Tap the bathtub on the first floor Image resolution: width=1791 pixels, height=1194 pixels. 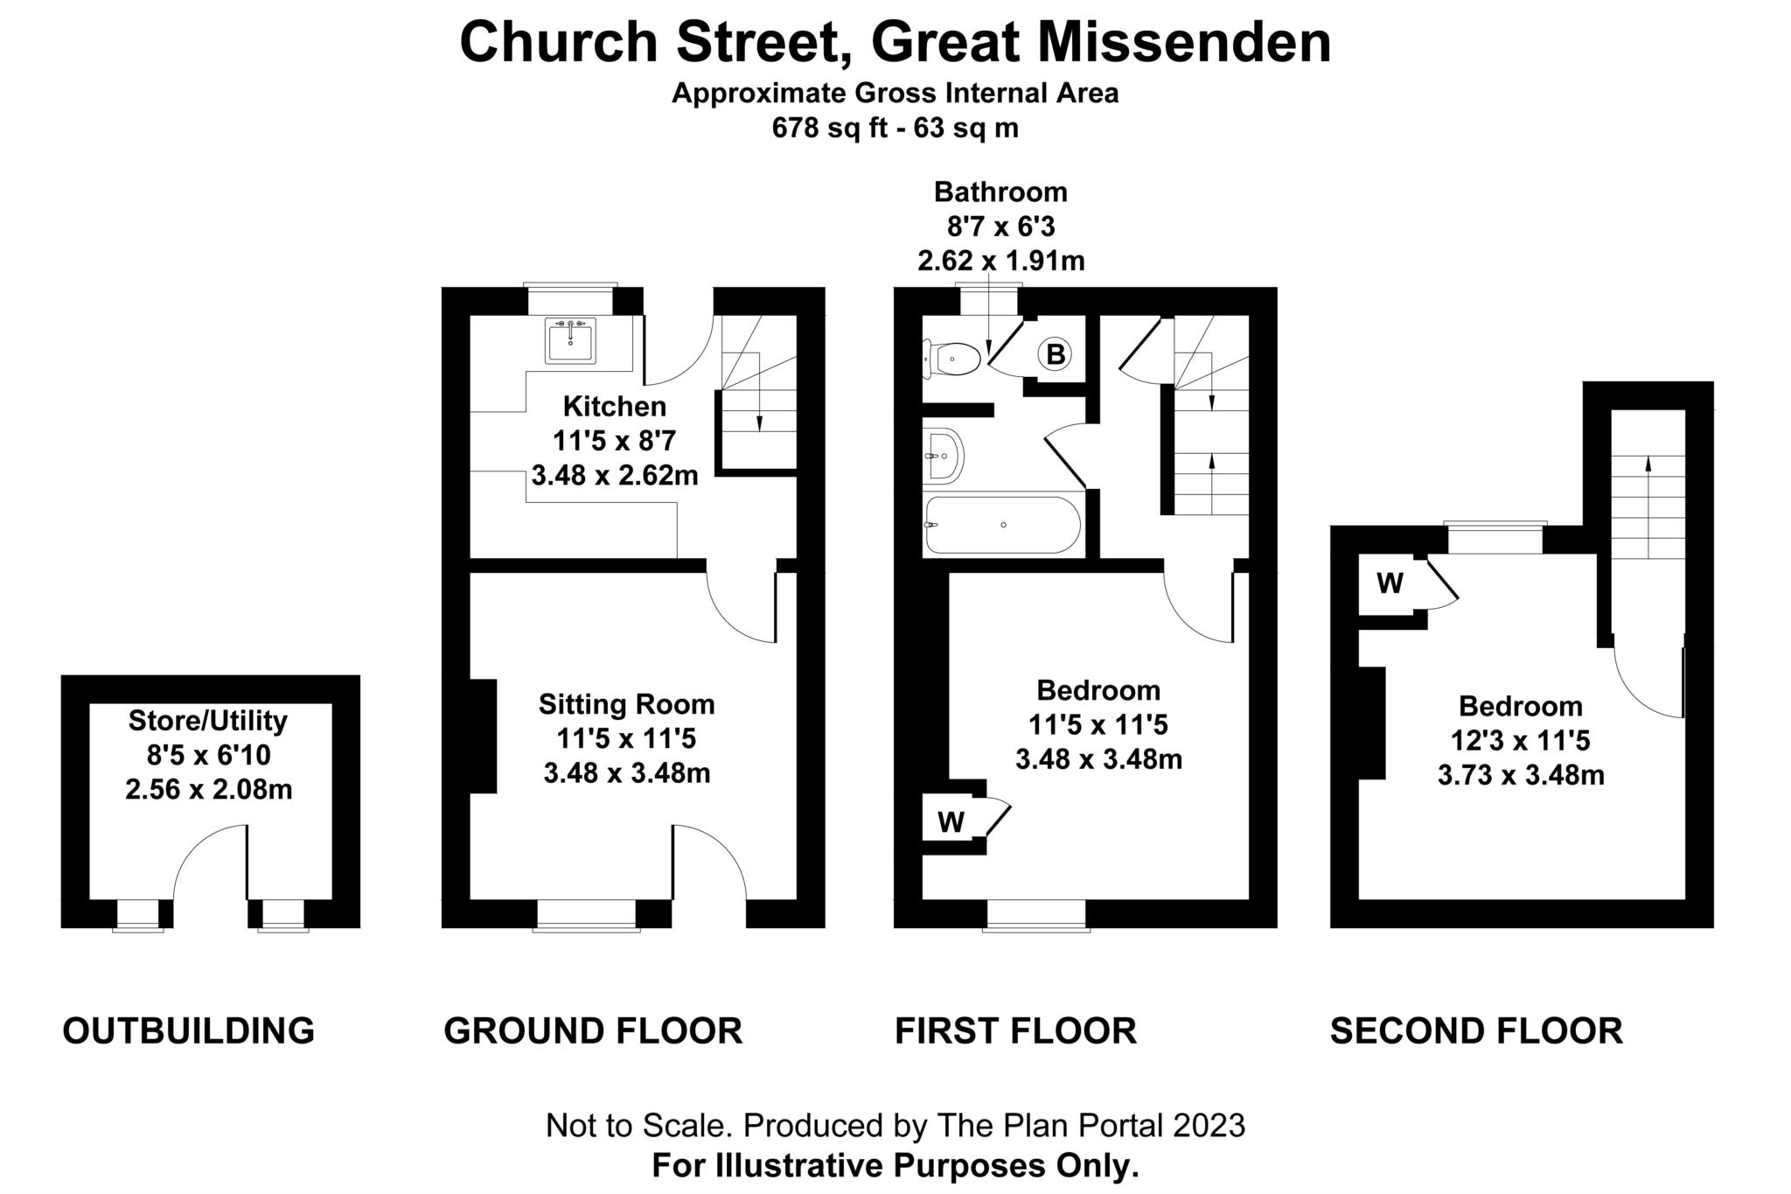tap(1002, 525)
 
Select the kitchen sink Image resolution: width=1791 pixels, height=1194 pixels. tap(570, 340)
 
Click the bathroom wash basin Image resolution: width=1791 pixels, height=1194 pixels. tap(944, 456)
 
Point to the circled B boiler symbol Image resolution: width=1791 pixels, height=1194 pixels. tap(1056, 354)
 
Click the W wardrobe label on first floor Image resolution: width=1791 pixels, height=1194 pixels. tap(951, 821)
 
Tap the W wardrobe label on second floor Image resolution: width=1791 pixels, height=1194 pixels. tap(1390, 583)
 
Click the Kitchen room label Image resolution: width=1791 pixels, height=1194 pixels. tap(614, 407)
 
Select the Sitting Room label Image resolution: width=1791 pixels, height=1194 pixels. tap(626, 704)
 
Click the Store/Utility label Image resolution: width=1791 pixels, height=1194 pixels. tap(208, 721)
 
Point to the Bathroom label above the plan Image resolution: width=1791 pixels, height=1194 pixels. tap(1000, 192)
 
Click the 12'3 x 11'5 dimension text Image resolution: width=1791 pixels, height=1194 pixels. tap(1520, 741)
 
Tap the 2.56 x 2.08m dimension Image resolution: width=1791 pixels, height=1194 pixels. tap(208, 790)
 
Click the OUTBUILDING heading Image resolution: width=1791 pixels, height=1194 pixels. tap(188, 1030)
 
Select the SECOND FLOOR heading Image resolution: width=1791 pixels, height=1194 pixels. tap(1476, 1030)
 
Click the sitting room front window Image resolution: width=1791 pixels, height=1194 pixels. tap(588, 914)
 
